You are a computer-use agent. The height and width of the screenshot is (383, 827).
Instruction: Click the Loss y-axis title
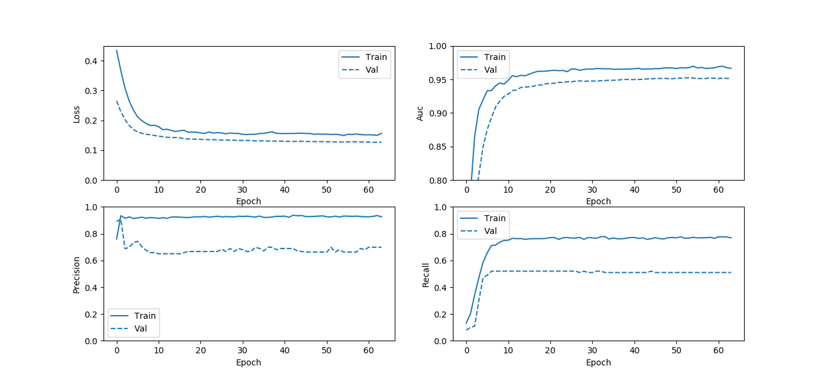(77, 113)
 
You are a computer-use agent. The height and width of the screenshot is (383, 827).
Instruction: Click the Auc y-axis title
(420, 113)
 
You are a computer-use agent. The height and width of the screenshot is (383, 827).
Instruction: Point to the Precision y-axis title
(77, 274)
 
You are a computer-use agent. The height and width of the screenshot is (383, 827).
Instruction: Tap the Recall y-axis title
(426, 274)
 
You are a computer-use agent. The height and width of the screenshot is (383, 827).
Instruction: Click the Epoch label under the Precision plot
(248, 362)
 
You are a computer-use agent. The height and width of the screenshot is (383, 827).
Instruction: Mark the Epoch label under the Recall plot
(598, 362)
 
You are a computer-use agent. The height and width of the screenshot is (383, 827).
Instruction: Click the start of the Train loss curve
(117, 51)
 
